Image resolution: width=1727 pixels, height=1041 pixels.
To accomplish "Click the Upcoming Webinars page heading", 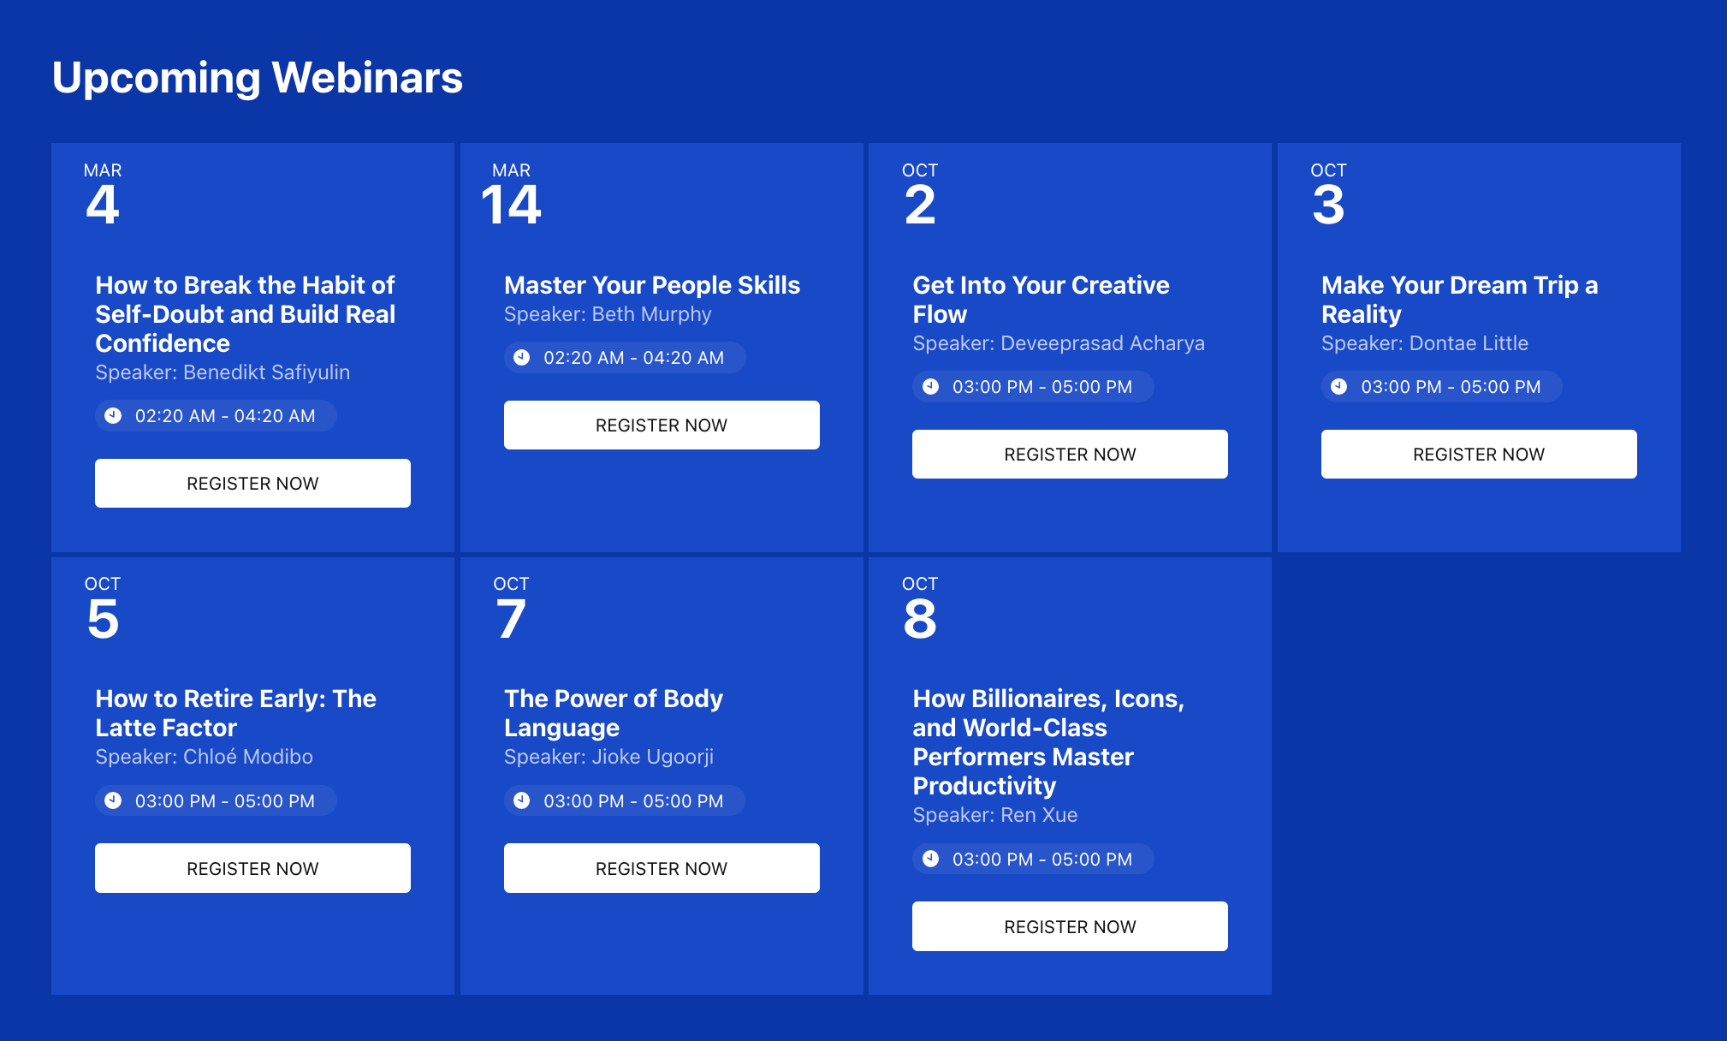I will coord(257,78).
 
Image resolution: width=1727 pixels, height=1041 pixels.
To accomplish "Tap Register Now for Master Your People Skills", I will coord(661,425).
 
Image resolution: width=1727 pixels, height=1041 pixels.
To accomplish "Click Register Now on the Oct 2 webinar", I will coord(1069,455).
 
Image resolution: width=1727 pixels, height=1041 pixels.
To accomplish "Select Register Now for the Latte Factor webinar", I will coord(252,868).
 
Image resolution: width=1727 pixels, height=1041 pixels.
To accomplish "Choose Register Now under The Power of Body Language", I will coord(661,868).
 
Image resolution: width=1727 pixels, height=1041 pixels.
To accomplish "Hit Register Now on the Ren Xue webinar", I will coord(1069,926).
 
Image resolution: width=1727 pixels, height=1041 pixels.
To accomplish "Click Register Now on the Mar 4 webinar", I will coord(252,484).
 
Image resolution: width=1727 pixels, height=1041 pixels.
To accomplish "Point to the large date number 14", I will coord(511,205).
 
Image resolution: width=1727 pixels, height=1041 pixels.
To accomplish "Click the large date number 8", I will coord(920,619).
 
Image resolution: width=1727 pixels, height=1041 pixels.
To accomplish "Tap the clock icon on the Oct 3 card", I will coord(1339,386).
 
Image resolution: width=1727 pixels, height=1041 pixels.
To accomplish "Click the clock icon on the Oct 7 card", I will coord(521,800).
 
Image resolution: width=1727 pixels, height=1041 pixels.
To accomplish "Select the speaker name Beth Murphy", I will coord(608,314).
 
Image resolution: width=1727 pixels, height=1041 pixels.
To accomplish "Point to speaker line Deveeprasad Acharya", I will coord(1058,343).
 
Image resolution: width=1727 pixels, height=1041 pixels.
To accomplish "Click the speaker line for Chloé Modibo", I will coord(204,757).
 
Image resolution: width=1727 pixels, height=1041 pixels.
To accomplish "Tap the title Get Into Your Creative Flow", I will coord(1041,300).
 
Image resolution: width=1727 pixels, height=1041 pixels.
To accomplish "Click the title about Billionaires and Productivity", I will coord(1047,742).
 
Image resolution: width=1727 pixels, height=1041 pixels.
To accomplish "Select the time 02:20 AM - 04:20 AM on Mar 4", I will coord(225,416).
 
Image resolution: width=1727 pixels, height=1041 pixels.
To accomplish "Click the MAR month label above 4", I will coord(103,170).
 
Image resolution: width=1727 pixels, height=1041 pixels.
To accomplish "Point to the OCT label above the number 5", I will coord(103,584).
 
